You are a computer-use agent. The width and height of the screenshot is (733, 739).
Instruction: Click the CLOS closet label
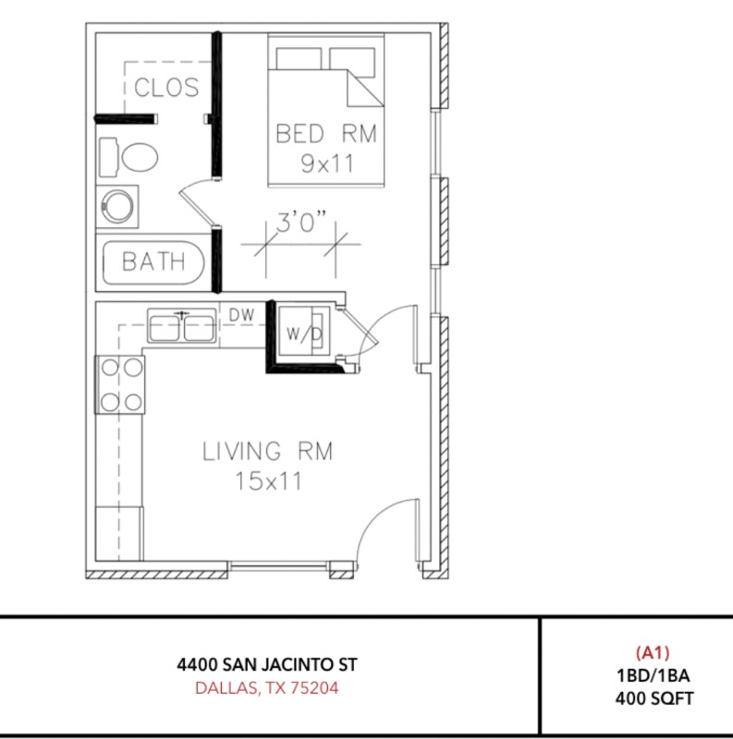[x=166, y=88]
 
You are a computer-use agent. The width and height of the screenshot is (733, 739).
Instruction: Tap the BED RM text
[x=326, y=134]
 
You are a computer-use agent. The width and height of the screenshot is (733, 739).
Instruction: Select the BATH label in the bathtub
[x=153, y=262]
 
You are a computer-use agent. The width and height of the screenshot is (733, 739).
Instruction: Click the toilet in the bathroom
[x=129, y=156]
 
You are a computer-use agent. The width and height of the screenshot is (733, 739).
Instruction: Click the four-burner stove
[x=121, y=384]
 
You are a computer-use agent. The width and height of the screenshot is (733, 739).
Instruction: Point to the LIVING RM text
[x=267, y=452]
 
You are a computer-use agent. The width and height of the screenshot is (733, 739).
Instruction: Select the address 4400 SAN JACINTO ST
[x=267, y=664]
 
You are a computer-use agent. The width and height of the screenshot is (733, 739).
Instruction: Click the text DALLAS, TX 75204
[x=267, y=688]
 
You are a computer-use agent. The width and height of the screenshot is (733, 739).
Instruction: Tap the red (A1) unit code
[x=652, y=653]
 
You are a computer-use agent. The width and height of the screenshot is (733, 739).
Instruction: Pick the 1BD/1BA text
[x=652, y=675]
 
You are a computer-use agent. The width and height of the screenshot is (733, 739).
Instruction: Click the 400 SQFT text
[x=652, y=698]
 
